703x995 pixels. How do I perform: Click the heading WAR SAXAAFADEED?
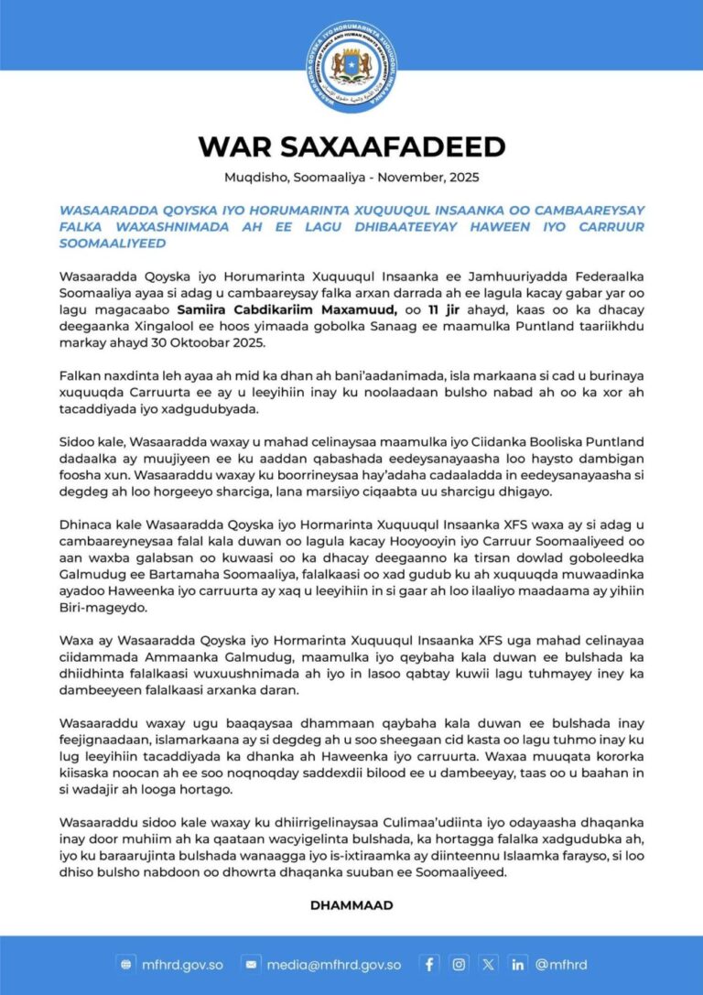click(x=351, y=146)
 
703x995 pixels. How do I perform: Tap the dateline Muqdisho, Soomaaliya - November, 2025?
click(x=351, y=178)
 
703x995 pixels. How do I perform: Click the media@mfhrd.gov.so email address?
click(x=333, y=964)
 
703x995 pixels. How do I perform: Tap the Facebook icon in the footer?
click(x=428, y=964)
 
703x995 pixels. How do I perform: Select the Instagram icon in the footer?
click(x=459, y=964)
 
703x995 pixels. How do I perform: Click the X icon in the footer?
click(x=489, y=964)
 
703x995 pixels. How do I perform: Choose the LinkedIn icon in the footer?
click(x=518, y=964)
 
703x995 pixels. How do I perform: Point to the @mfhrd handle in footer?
click(x=561, y=964)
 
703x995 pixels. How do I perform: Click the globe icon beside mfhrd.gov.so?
click(x=126, y=964)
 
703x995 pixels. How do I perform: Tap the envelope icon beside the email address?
click(x=250, y=964)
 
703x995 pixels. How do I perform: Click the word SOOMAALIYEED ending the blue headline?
click(x=112, y=243)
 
